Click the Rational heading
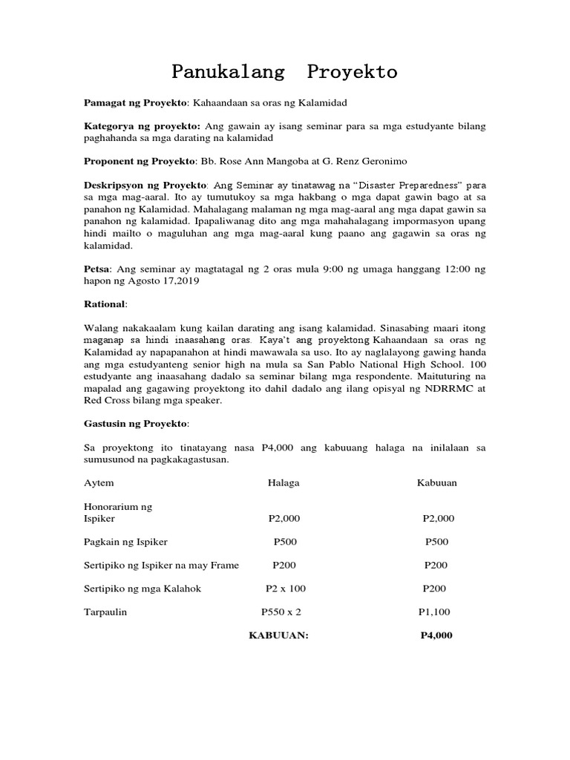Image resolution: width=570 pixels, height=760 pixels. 104,304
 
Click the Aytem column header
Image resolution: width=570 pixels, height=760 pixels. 99,482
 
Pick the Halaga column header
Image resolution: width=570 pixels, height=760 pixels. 284,482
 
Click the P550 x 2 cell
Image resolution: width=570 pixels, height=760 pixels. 281,612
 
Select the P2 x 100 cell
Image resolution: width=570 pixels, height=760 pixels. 285,589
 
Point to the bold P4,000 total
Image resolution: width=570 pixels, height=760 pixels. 436,635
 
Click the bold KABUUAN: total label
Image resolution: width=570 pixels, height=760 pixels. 278,635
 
